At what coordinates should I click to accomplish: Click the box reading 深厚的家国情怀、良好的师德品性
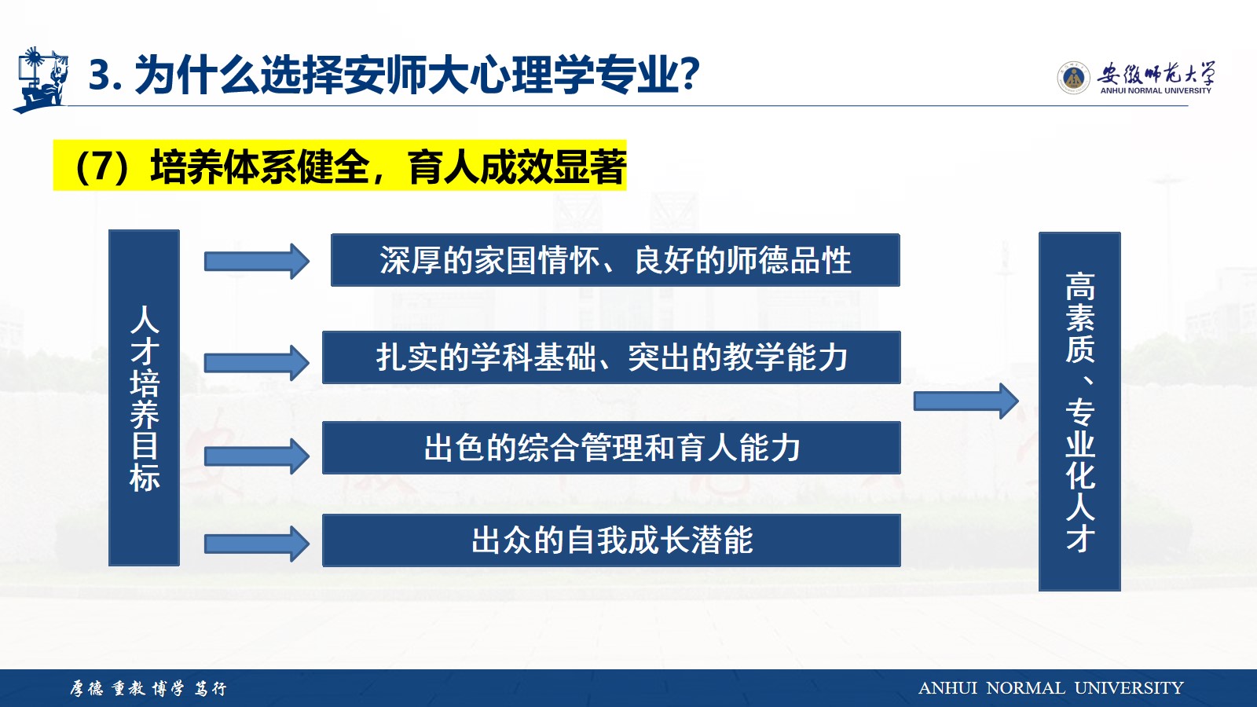pyautogui.click(x=615, y=260)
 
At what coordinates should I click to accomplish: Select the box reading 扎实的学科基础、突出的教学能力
pyautogui.click(x=611, y=357)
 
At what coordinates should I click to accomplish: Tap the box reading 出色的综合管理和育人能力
pyautogui.click(x=611, y=448)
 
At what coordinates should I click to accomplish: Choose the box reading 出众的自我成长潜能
pyautogui.click(x=611, y=540)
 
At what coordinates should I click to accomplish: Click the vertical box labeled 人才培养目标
pyautogui.click(x=145, y=397)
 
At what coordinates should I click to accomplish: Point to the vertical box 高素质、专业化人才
pyautogui.click(x=1079, y=412)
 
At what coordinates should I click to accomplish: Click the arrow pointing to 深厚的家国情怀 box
pyautogui.click(x=256, y=262)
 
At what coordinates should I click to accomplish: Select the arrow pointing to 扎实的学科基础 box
pyautogui.click(x=256, y=363)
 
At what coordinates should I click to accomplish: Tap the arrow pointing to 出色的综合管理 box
pyautogui.click(x=256, y=456)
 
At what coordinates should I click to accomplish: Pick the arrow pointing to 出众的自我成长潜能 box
pyautogui.click(x=256, y=544)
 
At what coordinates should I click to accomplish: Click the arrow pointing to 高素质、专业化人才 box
pyautogui.click(x=966, y=401)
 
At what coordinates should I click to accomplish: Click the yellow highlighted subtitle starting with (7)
pyautogui.click(x=339, y=166)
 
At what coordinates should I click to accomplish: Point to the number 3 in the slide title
pyautogui.click(x=100, y=75)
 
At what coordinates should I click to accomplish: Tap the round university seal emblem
pyautogui.click(x=1073, y=78)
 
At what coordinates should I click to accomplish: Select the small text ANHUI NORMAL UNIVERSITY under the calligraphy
pyautogui.click(x=1156, y=91)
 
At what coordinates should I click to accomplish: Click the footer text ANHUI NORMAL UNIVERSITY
pyautogui.click(x=1050, y=688)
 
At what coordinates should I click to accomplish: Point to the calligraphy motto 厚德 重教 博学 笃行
pyautogui.click(x=148, y=688)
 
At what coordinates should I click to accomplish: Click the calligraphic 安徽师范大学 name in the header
pyautogui.click(x=1156, y=73)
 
